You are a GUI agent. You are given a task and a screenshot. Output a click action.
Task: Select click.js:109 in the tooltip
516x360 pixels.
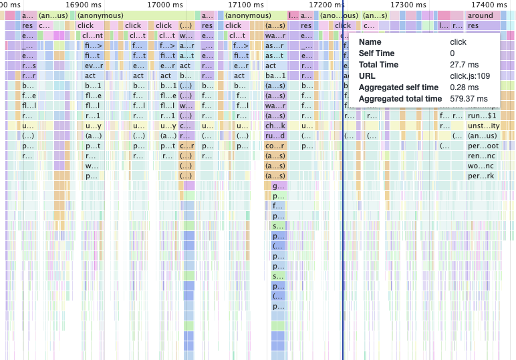(x=471, y=76)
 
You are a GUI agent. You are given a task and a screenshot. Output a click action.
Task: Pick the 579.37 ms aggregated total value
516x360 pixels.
(x=471, y=99)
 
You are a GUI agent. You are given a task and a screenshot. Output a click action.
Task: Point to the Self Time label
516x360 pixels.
(x=378, y=53)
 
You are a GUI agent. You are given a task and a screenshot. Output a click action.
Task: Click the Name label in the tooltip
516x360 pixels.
(x=370, y=42)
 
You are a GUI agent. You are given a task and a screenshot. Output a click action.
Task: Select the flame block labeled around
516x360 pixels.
(x=480, y=15)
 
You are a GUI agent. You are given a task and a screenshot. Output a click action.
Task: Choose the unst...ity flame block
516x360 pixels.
(x=482, y=126)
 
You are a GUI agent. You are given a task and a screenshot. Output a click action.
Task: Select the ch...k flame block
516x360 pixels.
(x=275, y=126)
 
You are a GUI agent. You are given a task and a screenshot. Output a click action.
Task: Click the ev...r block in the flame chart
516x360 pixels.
(x=92, y=66)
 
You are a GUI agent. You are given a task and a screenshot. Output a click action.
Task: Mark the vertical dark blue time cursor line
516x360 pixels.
(x=343, y=200)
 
